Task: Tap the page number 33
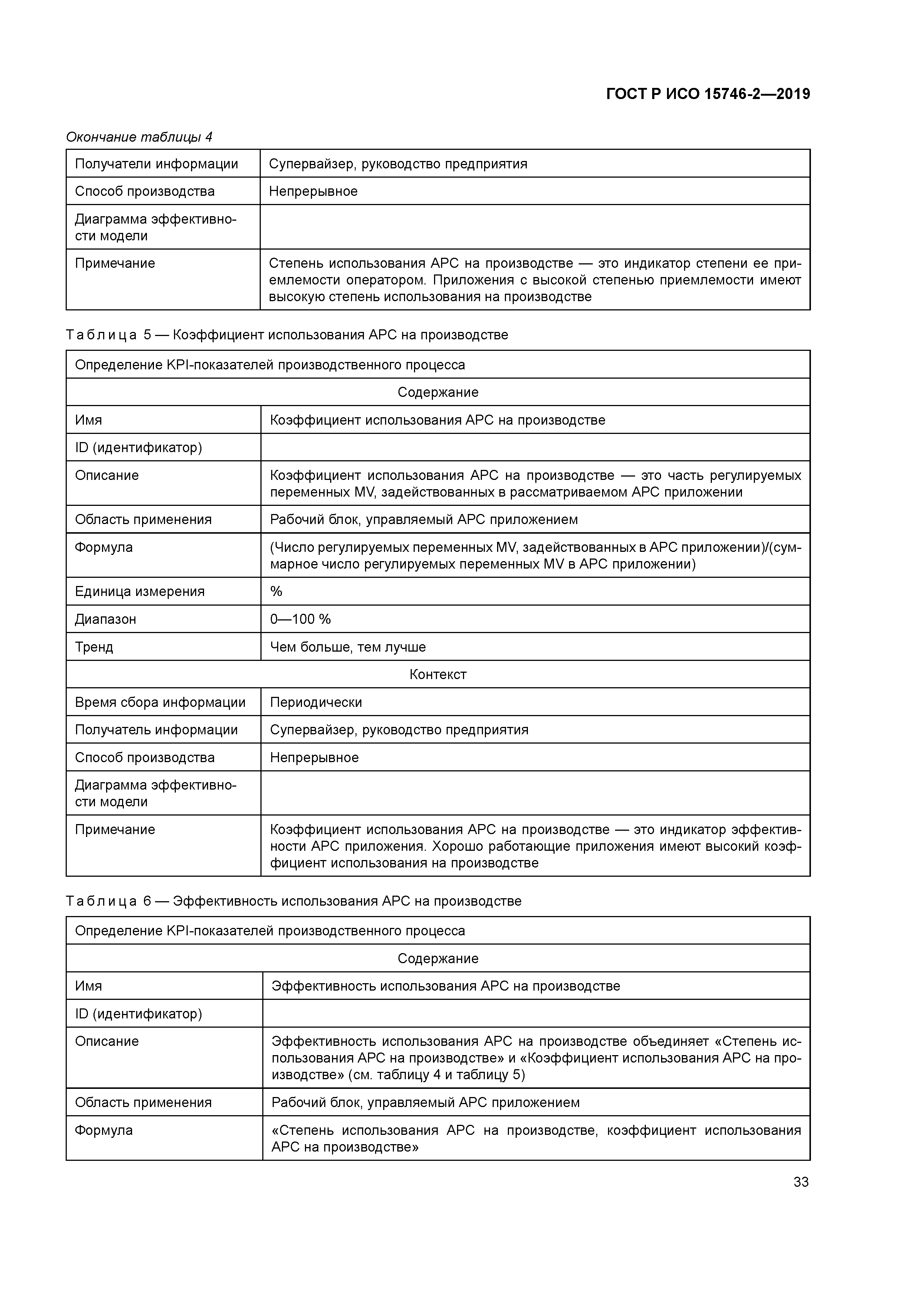801,1182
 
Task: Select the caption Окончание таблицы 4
139,136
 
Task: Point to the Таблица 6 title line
294,901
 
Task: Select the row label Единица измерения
139,591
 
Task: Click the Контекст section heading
438,674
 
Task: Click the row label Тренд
94,646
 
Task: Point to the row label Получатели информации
157,164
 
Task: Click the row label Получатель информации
157,729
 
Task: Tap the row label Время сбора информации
160,702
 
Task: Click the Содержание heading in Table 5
438,392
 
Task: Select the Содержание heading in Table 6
438,958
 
